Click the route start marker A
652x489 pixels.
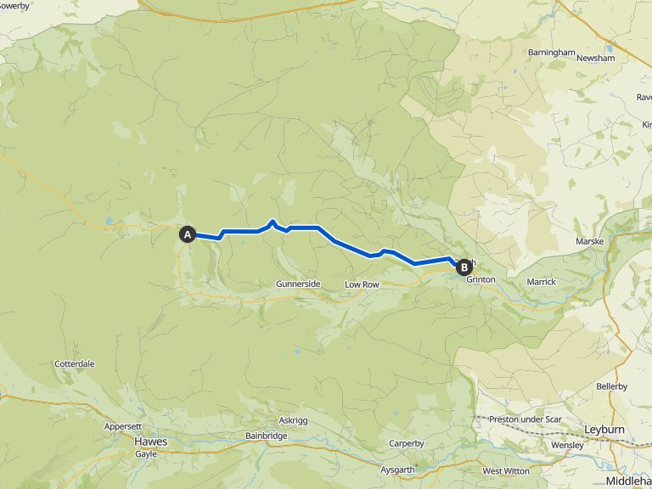(x=188, y=233)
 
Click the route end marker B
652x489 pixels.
(x=464, y=267)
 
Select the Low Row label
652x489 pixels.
(x=362, y=284)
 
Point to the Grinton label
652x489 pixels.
(x=481, y=279)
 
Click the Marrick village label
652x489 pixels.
(x=541, y=281)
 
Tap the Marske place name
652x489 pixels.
(x=589, y=241)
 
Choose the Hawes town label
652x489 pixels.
(x=151, y=441)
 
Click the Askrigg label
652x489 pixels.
(x=294, y=421)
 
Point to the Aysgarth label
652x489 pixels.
(x=398, y=469)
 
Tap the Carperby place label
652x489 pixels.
(x=406, y=443)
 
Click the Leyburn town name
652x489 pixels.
(x=604, y=430)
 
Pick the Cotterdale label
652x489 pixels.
(x=74, y=363)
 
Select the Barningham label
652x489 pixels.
(x=551, y=53)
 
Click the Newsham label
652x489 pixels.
(x=595, y=58)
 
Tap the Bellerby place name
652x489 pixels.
(x=611, y=386)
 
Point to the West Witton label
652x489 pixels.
(x=504, y=470)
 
